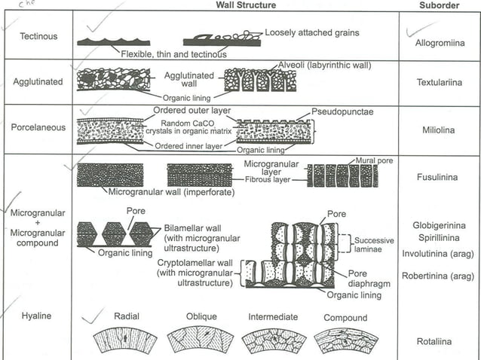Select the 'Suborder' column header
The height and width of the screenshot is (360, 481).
(439, 5)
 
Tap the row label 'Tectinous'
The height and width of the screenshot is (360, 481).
(38, 35)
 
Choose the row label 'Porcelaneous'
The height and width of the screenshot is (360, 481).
(38, 127)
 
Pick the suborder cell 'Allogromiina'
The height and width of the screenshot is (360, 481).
(440, 44)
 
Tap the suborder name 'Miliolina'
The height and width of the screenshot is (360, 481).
(440, 130)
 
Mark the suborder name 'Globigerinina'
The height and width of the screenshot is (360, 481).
(440, 225)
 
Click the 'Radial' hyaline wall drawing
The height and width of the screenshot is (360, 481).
(124, 340)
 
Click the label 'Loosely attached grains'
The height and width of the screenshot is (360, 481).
(311, 33)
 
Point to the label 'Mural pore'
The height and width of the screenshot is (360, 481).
(375, 160)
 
